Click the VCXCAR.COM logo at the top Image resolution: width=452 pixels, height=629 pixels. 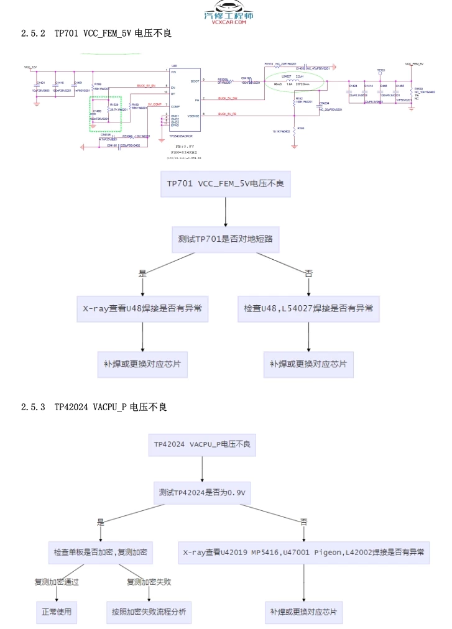tap(228, 18)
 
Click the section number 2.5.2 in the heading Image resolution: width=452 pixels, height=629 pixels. tap(33, 34)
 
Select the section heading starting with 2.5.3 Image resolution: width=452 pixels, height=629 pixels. tap(94, 407)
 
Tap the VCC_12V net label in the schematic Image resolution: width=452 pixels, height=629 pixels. tap(31, 66)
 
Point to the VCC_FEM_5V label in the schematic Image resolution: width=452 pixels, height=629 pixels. tap(414, 63)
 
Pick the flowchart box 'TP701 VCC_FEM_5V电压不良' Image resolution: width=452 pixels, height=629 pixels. tap(225, 184)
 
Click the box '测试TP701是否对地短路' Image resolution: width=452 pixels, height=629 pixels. tap(225, 239)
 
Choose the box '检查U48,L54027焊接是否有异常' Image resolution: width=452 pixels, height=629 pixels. tap(308, 308)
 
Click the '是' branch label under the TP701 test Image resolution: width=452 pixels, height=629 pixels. tap(142, 273)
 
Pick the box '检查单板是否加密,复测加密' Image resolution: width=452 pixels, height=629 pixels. tap(101, 551)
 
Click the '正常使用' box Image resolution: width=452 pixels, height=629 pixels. tap(57, 612)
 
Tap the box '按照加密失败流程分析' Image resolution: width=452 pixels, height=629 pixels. tap(148, 612)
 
